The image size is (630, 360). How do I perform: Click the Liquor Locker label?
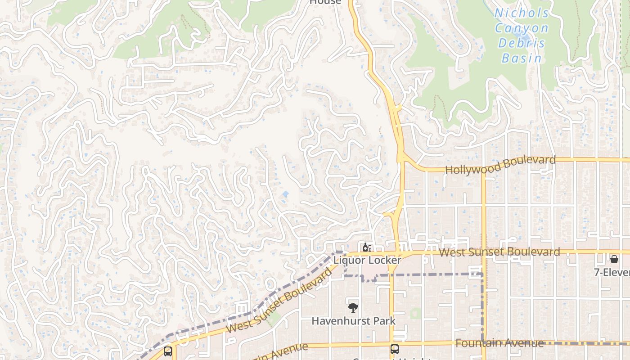[x=367, y=260]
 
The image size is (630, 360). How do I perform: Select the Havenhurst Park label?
[x=354, y=321]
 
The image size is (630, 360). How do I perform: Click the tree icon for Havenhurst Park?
[x=353, y=308]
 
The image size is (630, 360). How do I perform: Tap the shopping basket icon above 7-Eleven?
[x=614, y=259]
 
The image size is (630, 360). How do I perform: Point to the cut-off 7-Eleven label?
[x=612, y=272]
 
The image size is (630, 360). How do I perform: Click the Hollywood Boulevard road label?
[x=500, y=165]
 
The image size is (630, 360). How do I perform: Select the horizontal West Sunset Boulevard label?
[x=499, y=252]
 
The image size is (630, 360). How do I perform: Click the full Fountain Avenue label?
[x=499, y=343]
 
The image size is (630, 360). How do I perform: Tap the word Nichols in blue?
[x=522, y=13]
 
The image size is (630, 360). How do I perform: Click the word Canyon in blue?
[x=522, y=28]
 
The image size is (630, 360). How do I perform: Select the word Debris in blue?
[x=522, y=43]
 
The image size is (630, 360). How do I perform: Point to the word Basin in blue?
[x=522, y=58]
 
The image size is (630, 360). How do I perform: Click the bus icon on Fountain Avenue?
[x=394, y=349]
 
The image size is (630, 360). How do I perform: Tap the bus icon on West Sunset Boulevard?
[x=168, y=351]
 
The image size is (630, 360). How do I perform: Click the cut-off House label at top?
[x=325, y=2]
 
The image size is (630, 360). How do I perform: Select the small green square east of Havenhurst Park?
[x=416, y=313]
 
